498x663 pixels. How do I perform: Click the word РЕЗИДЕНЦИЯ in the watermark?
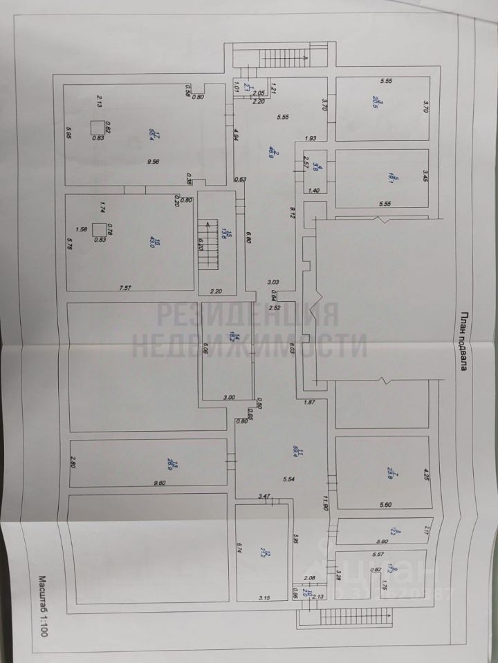point(248,315)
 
